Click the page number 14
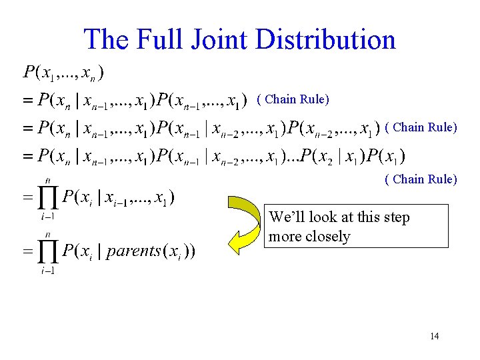click(x=434, y=336)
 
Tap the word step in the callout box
click(x=395, y=217)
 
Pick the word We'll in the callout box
click(x=287, y=217)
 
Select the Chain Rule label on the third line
click(x=421, y=127)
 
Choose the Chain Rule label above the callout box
click(x=421, y=179)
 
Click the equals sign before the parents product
click(x=28, y=252)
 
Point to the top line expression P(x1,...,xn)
click(x=63, y=71)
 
